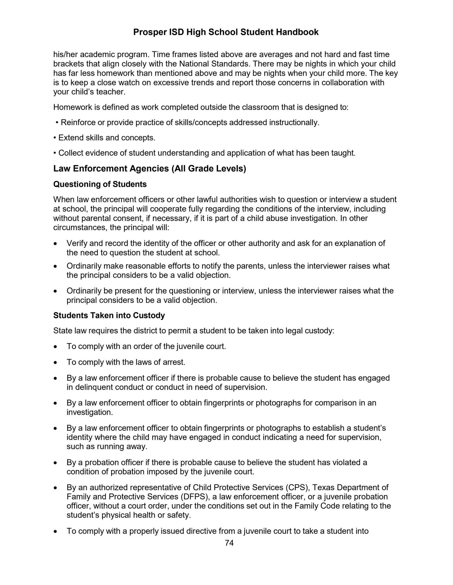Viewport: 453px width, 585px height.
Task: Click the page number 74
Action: point(229,543)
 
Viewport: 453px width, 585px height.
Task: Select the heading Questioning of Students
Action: point(100,184)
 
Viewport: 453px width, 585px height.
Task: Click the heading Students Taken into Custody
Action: point(109,315)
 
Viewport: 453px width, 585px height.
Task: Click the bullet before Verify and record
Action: point(56,244)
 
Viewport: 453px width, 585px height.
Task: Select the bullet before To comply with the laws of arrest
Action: point(56,363)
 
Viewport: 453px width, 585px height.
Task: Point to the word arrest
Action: point(175,362)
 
